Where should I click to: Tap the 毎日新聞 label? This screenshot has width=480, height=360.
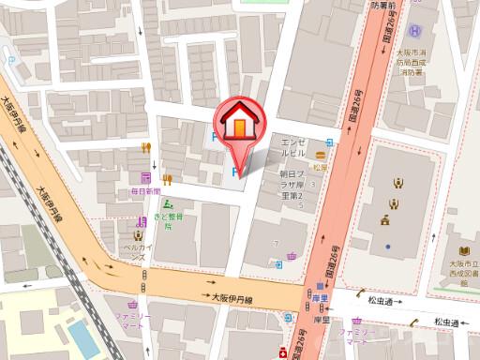coord(146,191)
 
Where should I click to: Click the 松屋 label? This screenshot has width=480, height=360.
coord(322,166)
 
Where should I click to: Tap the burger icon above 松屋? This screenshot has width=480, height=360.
coord(322,154)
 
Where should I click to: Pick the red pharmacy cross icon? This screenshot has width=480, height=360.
coord(282,352)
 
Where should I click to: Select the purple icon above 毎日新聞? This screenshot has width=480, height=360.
coord(146,177)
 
